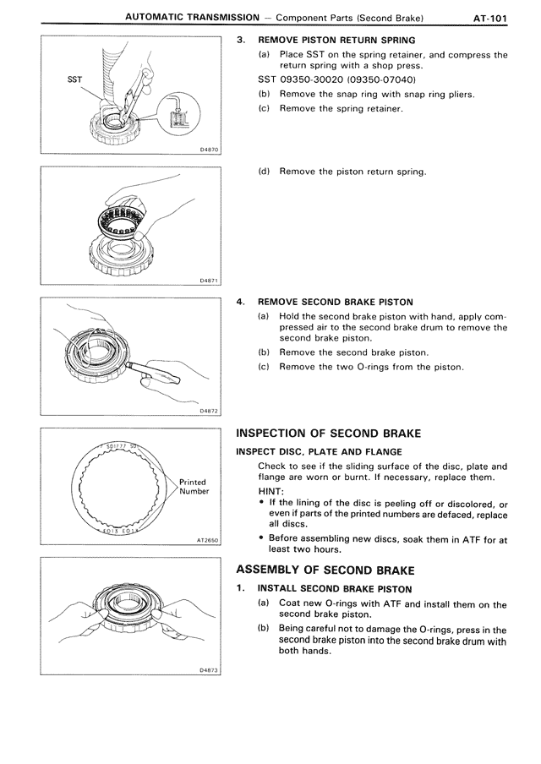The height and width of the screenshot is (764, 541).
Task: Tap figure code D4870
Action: click(206, 150)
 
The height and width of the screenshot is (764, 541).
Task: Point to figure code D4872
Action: click(206, 411)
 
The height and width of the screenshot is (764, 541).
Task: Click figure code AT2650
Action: click(205, 540)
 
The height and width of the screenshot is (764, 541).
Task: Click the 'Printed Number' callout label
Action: click(194, 487)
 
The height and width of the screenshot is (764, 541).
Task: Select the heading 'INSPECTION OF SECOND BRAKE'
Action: click(328, 434)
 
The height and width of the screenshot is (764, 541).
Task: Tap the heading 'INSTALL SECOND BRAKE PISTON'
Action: click(336, 587)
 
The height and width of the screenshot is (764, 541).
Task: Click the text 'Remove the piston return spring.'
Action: click(352, 172)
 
